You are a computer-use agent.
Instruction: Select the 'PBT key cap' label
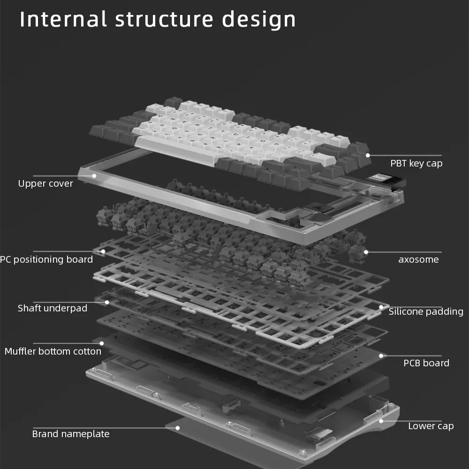(416, 163)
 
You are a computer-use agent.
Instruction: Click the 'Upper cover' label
(45, 183)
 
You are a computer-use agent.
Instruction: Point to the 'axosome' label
(418, 259)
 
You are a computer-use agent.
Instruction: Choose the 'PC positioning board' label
(46, 259)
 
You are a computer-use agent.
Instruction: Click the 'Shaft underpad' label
(53, 308)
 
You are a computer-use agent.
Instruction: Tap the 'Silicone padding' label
(426, 311)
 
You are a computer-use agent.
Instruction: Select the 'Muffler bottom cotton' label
(53, 351)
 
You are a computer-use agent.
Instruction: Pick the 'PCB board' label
(426, 363)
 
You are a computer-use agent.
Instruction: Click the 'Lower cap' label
(431, 426)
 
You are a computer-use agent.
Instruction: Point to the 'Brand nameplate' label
(71, 434)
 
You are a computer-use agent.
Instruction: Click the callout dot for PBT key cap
(368, 155)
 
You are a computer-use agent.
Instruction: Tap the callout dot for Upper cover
(94, 176)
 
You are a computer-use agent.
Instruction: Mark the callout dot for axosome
(366, 252)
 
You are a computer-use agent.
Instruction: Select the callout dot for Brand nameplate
(178, 427)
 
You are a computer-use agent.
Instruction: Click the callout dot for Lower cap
(381, 421)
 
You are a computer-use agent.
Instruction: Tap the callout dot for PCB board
(381, 356)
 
